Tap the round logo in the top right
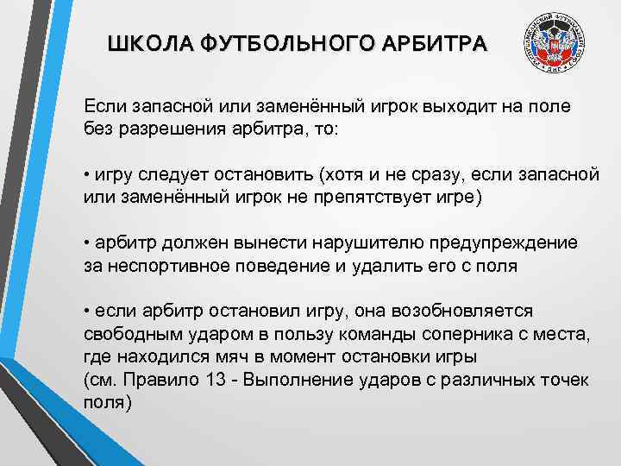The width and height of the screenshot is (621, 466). tap(557, 49)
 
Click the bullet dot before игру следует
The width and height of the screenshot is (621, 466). tap(88, 174)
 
